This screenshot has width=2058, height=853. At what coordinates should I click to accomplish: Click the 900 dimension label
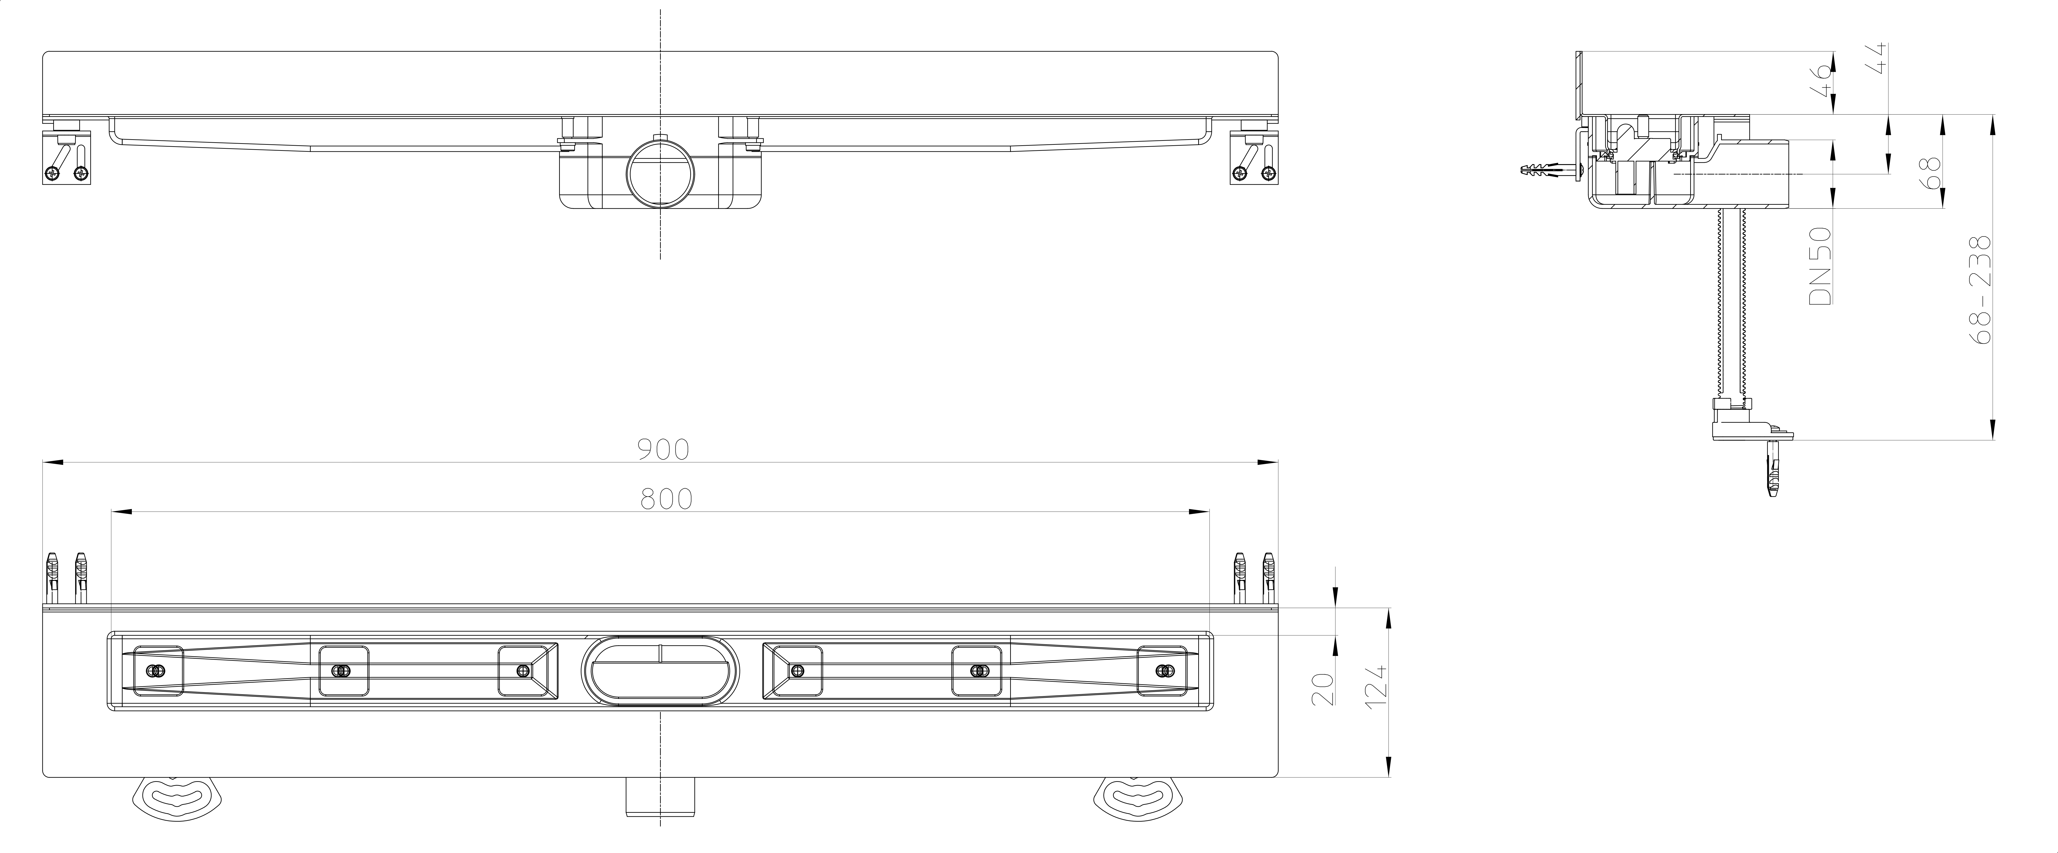click(662, 450)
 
